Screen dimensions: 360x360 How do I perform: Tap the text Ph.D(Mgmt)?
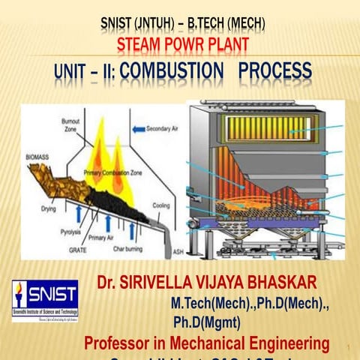tap(206, 324)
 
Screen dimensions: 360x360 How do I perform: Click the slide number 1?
tap(349, 346)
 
